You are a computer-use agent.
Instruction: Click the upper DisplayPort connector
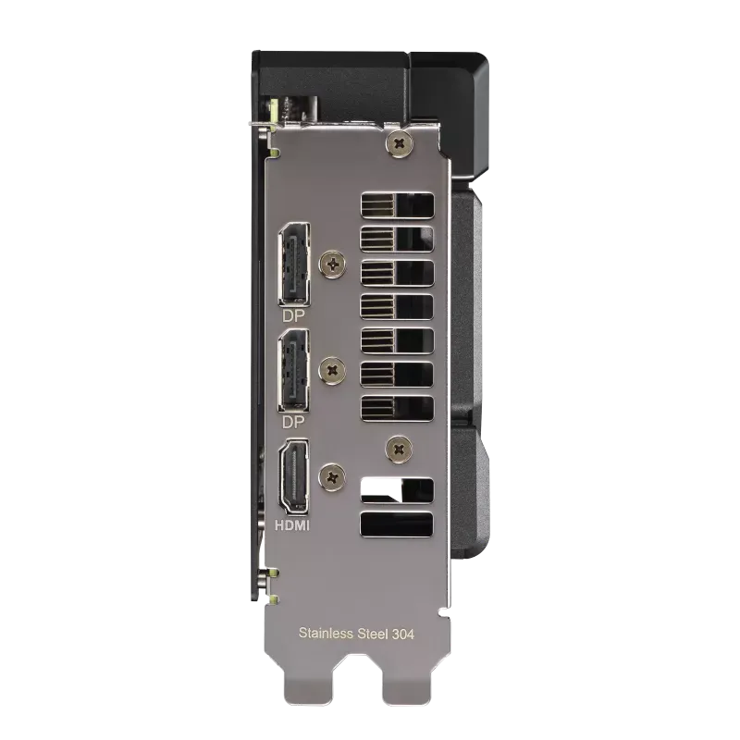click(294, 265)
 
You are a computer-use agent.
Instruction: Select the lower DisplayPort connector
click(294, 371)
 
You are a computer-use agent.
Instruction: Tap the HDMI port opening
click(294, 476)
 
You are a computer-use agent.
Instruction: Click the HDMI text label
click(292, 525)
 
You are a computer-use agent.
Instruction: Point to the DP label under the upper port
click(293, 315)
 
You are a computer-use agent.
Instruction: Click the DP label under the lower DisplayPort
click(293, 422)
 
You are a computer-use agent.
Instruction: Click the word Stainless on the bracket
click(326, 633)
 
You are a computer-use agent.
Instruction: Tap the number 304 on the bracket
click(403, 634)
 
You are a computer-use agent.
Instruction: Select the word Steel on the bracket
click(373, 634)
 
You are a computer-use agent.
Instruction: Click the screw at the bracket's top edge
click(400, 143)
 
